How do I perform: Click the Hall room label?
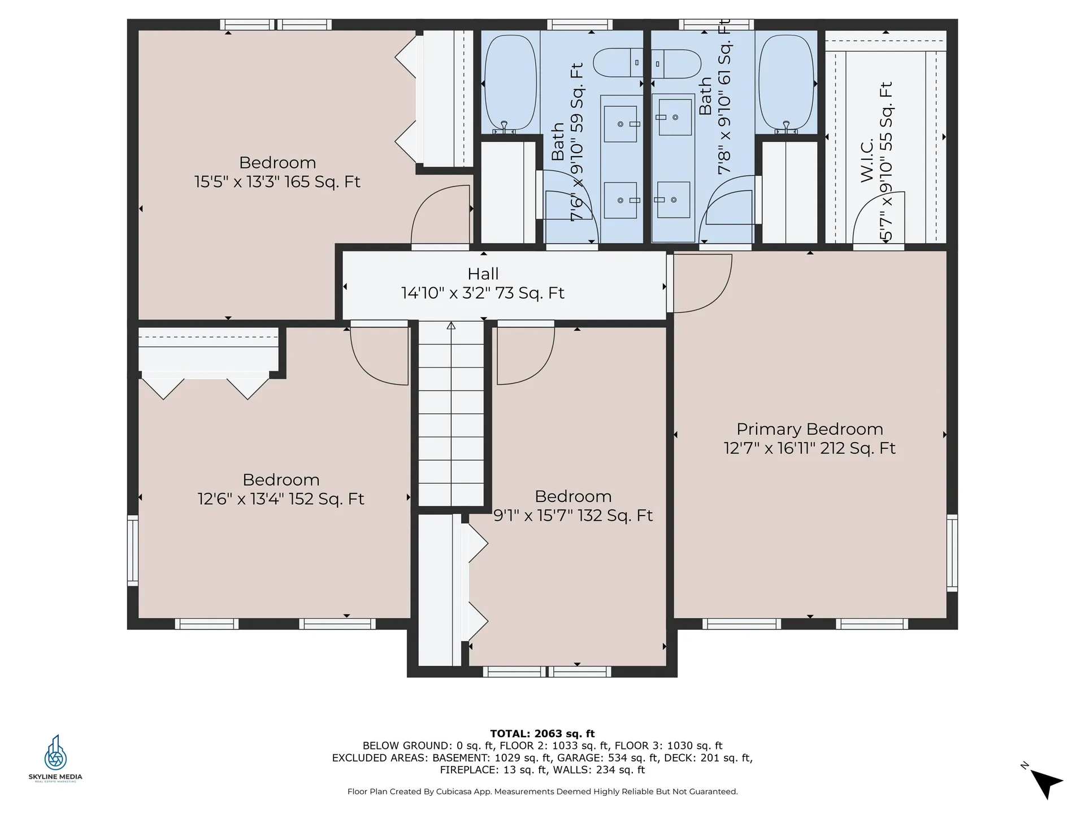tap(483, 274)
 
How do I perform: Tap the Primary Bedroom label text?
tap(810, 429)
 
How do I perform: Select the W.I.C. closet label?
tap(867, 161)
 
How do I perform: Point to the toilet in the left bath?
tap(618, 63)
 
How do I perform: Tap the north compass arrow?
tap(1047, 783)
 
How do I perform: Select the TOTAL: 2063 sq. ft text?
tap(542, 734)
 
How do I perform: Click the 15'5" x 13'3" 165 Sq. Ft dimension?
tap(277, 182)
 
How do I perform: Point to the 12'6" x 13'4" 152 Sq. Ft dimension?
tap(281, 499)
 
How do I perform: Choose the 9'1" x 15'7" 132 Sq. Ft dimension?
tap(573, 516)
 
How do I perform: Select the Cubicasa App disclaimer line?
tap(542, 791)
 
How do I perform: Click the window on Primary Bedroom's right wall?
tap(952, 553)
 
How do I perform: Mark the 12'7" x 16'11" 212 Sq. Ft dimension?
tap(810, 448)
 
